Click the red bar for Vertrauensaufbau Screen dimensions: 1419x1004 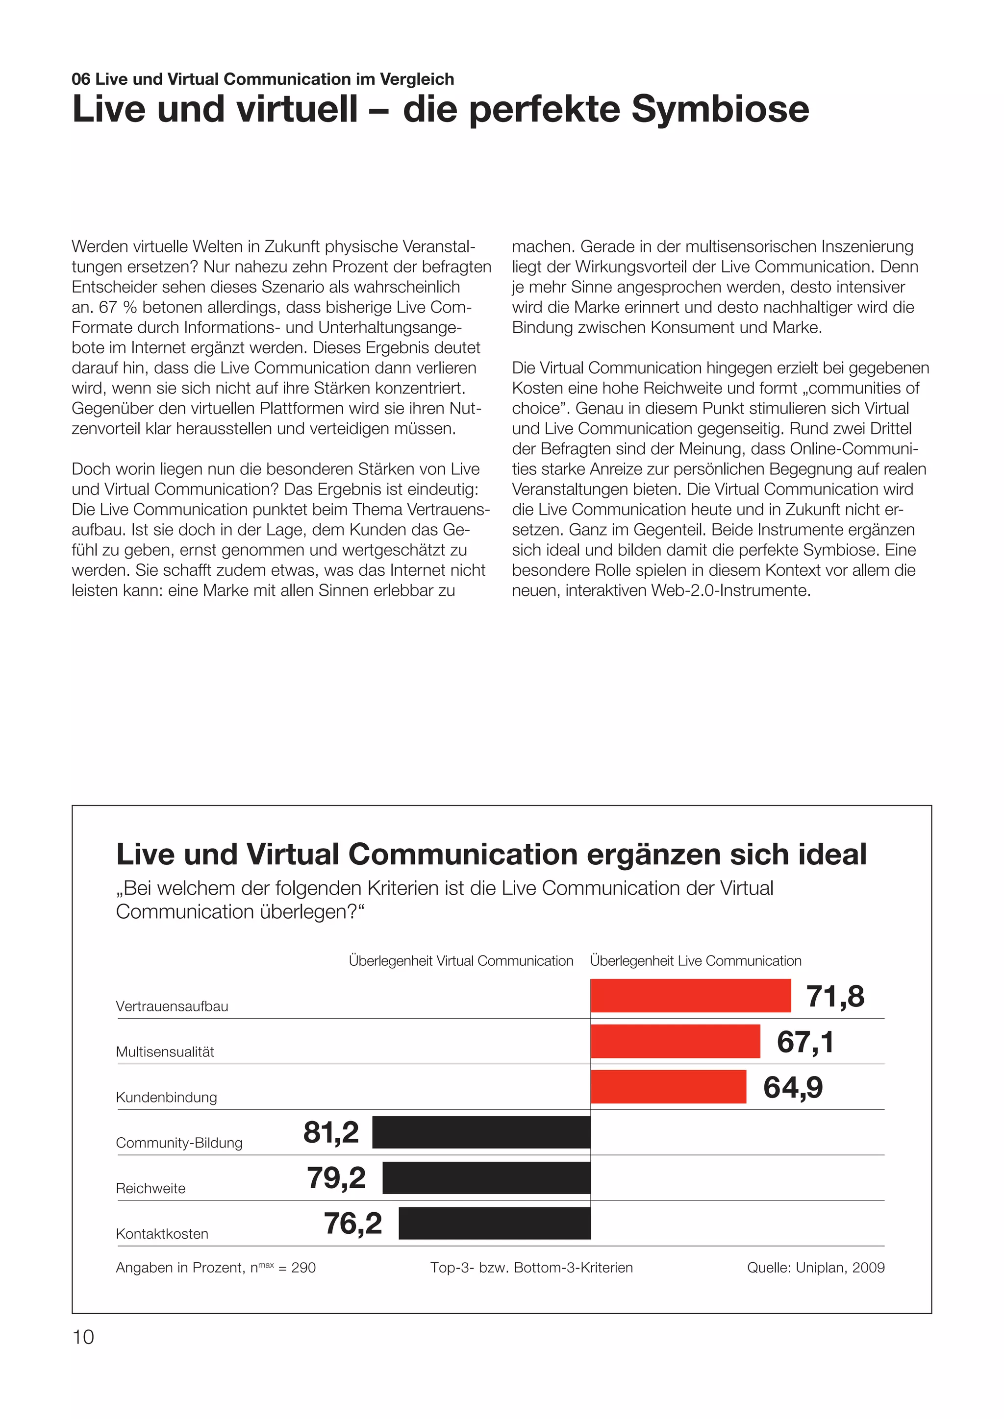point(691,996)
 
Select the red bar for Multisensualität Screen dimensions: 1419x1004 point(675,1041)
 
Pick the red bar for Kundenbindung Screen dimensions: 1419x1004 point(668,1087)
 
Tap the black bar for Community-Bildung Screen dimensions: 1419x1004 point(481,1132)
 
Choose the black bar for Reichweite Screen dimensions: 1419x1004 point(486,1178)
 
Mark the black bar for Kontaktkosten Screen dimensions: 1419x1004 point(495,1223)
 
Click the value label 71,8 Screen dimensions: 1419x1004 point(835,996)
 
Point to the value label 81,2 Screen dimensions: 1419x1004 point(331,1132)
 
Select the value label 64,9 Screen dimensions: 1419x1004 point(793,1088)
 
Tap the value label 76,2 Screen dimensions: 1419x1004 point(353,1223)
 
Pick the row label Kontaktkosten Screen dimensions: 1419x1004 point(162,1234)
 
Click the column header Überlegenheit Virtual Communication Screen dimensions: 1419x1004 point(461,961)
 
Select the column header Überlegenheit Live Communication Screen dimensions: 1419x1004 point(696,961)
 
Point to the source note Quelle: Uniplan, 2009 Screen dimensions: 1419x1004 point(815,1268)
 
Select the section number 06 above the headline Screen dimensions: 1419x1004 point(81,79)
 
